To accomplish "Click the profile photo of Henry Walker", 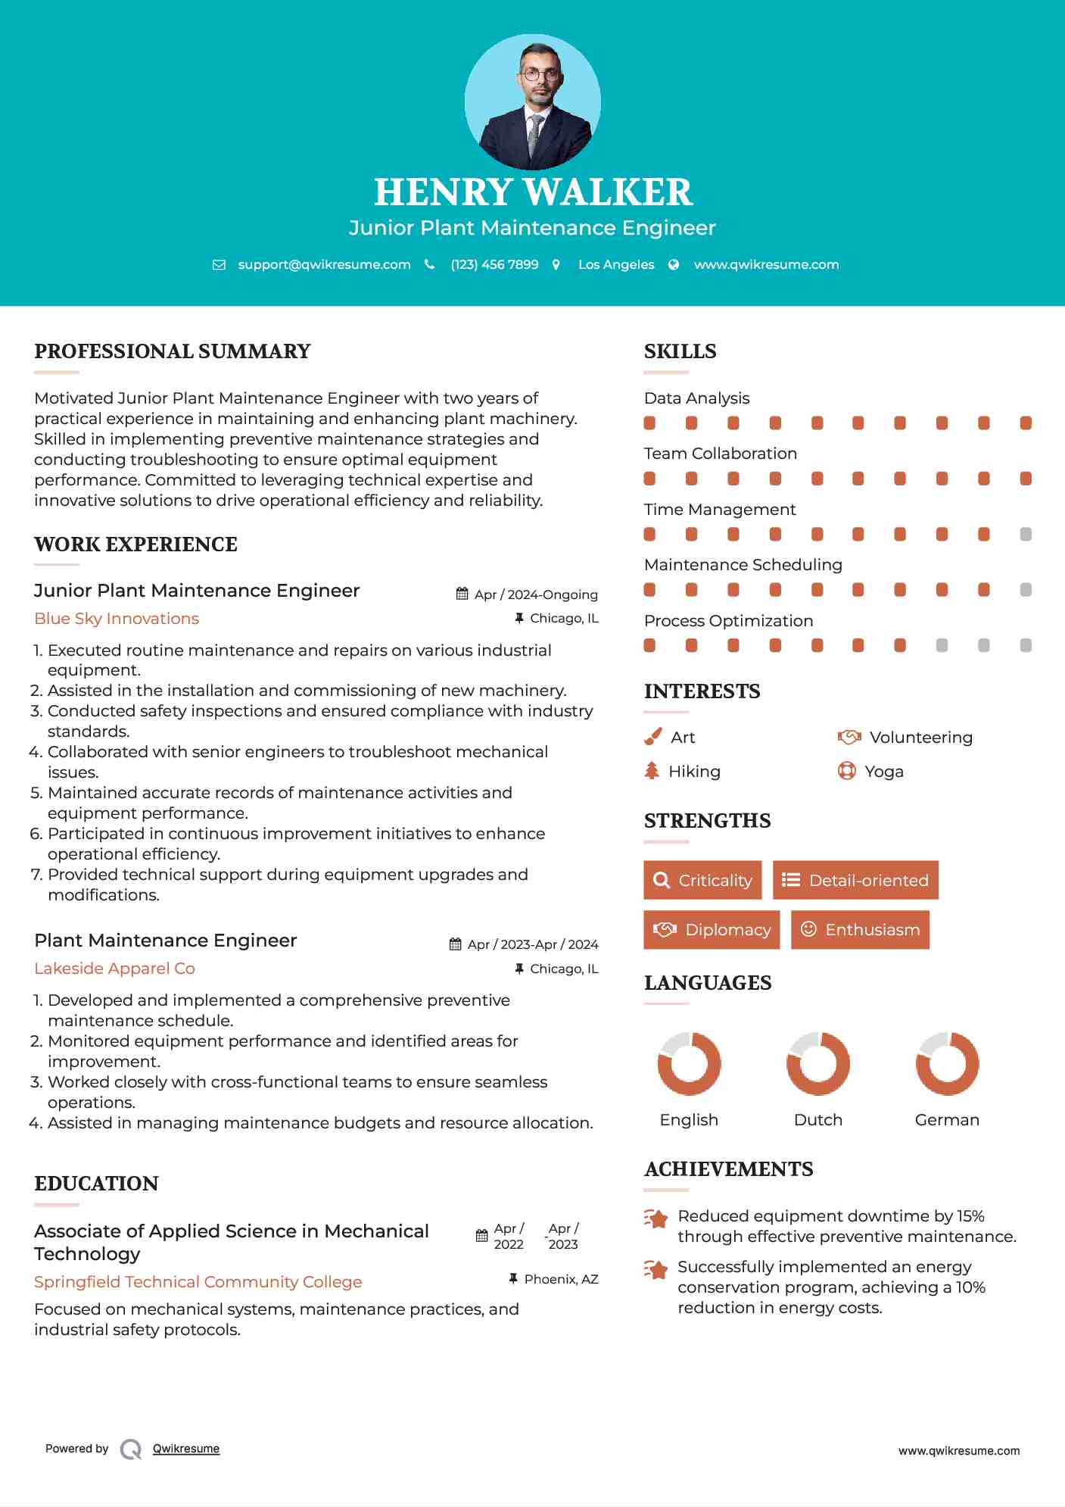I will pyautogui.click(x=532, y=101).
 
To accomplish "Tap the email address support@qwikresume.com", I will pyautogui.click(x=324, y=264).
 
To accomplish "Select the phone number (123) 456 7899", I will pyautogui.click(x=494, y=264).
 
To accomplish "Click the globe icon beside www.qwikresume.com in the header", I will pyautogui.click(x=674, y=264).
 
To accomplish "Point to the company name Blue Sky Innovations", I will pyautogui.click(x=117, y=619).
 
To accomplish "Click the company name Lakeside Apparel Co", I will pyautogui.click(x=114, y=969).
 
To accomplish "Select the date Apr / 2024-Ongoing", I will pyautogui.click(x=536, y=594).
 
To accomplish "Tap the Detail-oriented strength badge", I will pyautogui.click(x=855, y=880).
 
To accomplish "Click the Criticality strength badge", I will pyautogui.click(x=702, y=880).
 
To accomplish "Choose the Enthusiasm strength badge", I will pyautogui.click(x=860, y=929).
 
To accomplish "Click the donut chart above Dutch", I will pyautogui.click(x=818, y=1063).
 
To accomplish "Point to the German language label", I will pyautogui.click(x=947, y=1119).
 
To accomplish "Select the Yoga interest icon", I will pyautogui.click(x=847, y=771).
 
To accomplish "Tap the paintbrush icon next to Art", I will pyautogui.click(x=652, y=737).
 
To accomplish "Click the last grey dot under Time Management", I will pyautogui.click(x=1026, y=534).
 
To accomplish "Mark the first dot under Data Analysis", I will pyautogui.click(x=649, y=423).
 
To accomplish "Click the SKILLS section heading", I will pyautogui.click(x=680, y=351).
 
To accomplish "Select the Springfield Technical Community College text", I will pyautogui.click(x=198, y=1282).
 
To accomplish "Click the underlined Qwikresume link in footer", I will pyautogui.click(x=186, y=1449).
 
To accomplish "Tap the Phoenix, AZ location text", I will pyautogui.click(x=561, y=1279).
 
